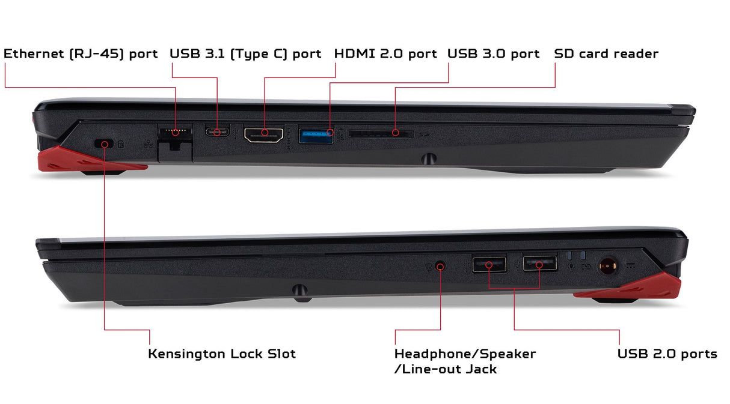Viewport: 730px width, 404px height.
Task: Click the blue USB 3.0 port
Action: point(316,136)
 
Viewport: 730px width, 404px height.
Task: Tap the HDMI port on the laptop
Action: point(263,134)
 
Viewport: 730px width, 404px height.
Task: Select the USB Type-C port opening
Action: point(217,131)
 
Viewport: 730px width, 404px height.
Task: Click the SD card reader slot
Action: point(381,133)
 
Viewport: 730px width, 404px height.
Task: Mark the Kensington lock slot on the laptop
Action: point(103,143)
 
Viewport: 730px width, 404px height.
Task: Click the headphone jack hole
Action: point(440,267)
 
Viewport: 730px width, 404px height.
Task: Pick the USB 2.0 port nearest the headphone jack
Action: point(489,264)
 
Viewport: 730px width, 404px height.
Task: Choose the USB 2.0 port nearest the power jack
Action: point(539,264)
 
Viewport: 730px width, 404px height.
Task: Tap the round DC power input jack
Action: point(608,267)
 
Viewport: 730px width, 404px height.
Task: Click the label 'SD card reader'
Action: point(606,53)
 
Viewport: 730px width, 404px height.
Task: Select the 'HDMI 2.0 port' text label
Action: point(385,53)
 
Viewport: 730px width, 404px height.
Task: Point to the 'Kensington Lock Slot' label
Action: point(222,354)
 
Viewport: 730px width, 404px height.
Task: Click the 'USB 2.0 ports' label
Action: point(667,354)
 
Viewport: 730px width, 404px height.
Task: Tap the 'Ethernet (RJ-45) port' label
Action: point(81,54)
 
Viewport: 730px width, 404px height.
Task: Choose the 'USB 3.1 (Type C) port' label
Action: point(245,54)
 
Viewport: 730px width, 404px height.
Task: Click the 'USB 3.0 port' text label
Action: point(494,53)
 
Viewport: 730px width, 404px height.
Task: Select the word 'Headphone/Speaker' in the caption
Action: point(465,354)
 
